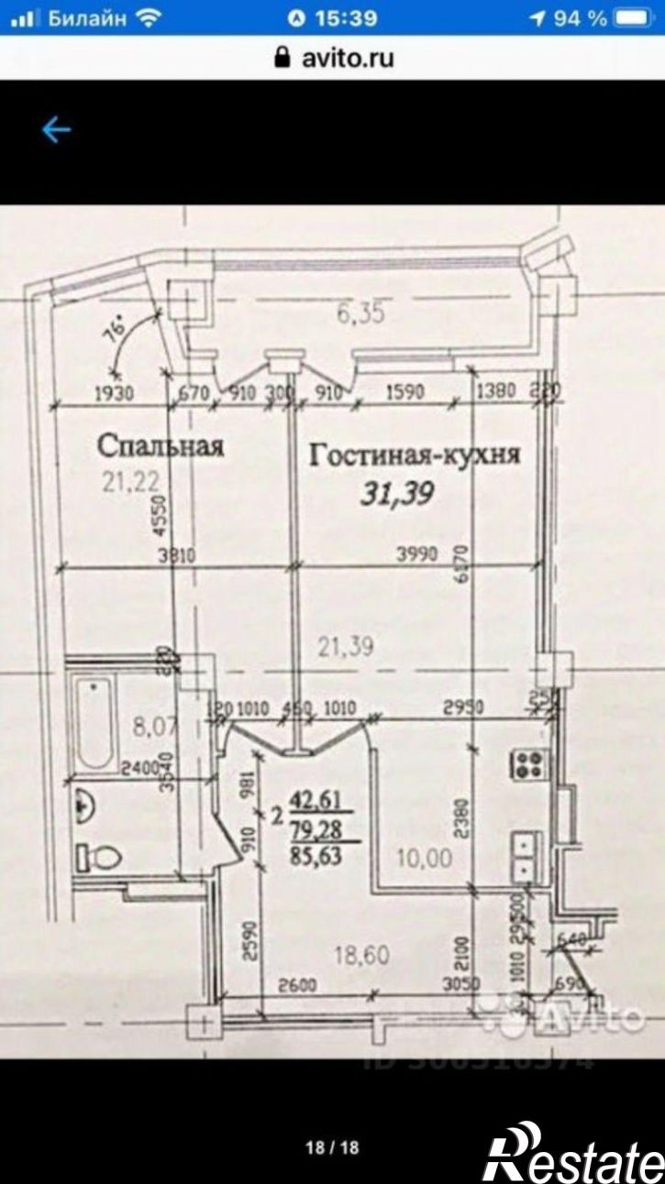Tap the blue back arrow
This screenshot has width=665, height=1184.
click(x=55, y=130)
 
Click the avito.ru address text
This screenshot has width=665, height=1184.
click(x=348, y=58)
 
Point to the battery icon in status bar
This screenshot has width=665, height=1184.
click(x=639, y=17)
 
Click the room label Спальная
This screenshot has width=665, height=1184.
click(x=161, y=446)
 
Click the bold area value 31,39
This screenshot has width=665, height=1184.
click(x=395, y=495)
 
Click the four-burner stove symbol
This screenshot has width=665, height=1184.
click(x=530, y=762)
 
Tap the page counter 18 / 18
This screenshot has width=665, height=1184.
click(x=332, y=1147)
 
